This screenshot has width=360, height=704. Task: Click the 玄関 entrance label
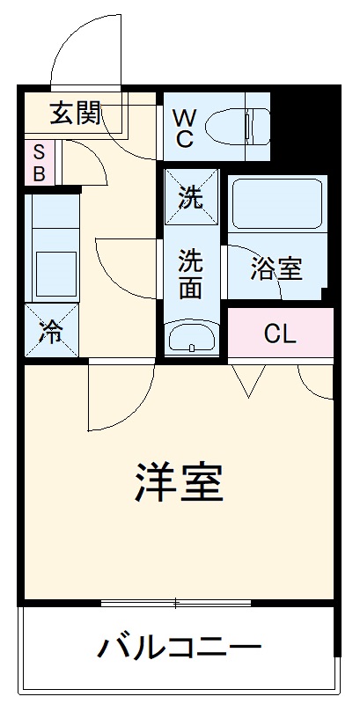[75, 114]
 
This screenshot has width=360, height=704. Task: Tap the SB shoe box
[39, 162]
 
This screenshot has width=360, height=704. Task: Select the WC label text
[184, 127]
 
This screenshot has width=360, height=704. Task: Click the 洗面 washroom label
[190, 274]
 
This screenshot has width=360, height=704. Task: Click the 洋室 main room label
[179, 481]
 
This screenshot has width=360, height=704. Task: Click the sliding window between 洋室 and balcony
[176, 604]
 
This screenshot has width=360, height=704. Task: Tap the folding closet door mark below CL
[249, 379]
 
